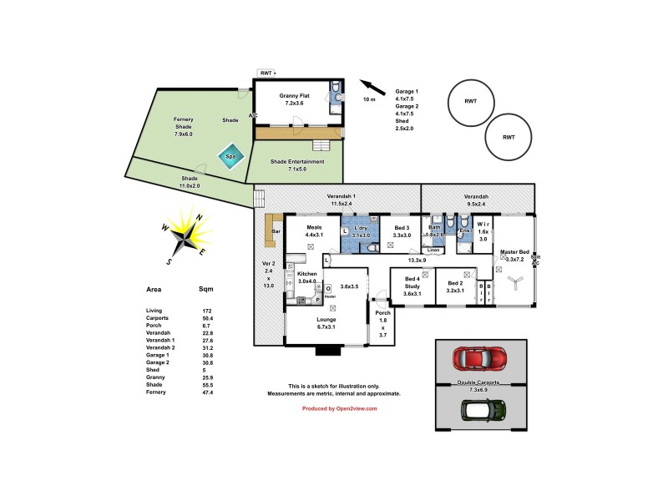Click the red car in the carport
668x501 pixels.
tap(480, 359)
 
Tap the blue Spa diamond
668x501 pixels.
tap(227, 155)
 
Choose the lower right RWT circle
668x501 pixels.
tap(509, 138)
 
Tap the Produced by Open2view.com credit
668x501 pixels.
tap(339, 408)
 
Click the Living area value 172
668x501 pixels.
tap(205, 311)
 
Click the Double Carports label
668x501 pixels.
tap(479, 383)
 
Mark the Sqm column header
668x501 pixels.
tap(205, 291)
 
